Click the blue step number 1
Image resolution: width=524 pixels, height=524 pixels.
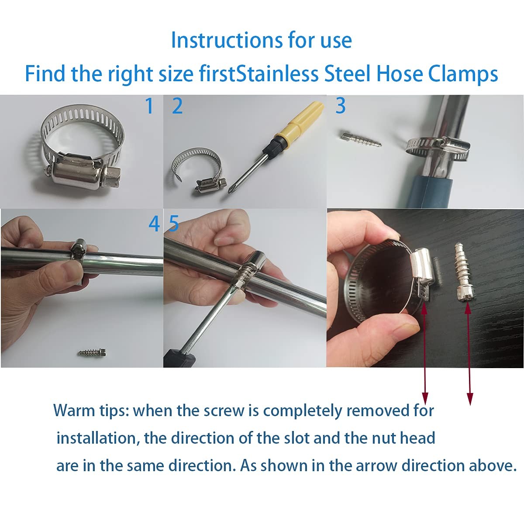pyautogui.click(x=149, y=106)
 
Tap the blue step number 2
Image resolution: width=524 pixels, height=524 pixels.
pyautogui.click(x=177, y=106)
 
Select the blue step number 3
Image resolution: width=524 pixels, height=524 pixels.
pyautogui.click(x=341, y=106)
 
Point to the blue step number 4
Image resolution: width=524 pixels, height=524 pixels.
pyautogui.click(x=154, y=224)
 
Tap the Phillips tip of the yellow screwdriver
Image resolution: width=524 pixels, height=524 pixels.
pyautogui.click(x=231, y=190)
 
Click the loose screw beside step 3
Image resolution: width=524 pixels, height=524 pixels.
pyautogui.click(x=361, y=139)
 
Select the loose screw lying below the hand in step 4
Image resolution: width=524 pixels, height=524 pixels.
pyautogui.click(x=92, y=352)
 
